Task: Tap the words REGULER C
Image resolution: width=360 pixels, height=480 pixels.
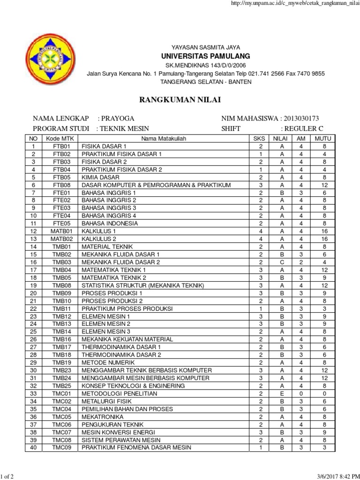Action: [x=302, y=128]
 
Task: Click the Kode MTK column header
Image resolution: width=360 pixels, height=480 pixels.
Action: [x=61, y=139]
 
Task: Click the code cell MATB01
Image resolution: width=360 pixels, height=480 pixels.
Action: [x=61, y=231]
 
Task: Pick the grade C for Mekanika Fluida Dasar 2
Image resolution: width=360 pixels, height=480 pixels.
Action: [x=282, y=262]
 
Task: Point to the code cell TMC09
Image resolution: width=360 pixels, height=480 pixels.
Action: [x=61, y=448]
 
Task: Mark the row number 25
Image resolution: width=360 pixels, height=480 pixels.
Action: [x=33, y=332]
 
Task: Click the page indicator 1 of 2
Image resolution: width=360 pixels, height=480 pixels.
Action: [x=9, y=477]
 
